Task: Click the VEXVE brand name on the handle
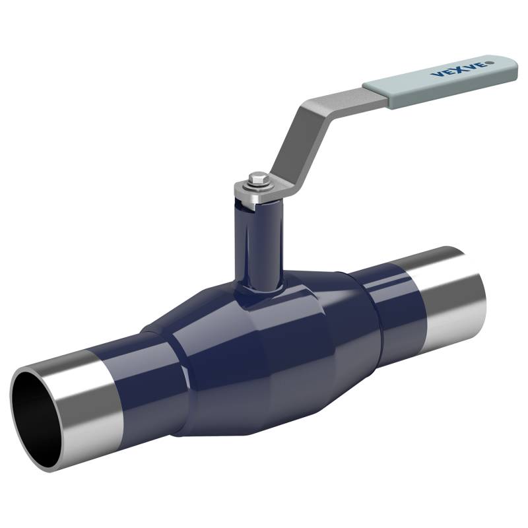[x=460, y=69]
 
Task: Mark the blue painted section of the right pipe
[x=389, y=304]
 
